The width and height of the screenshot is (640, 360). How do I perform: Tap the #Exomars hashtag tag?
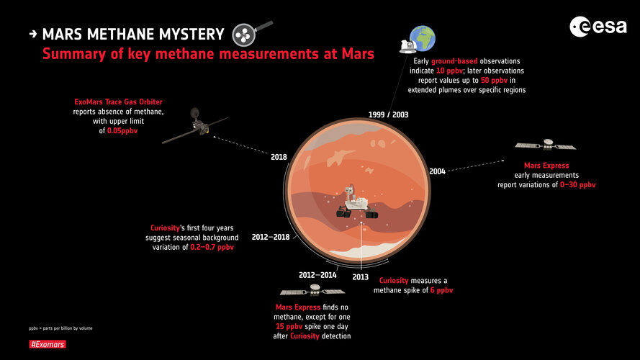[45, 346]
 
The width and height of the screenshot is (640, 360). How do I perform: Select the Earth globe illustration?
[422, 37]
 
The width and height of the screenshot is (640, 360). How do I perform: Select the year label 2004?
[437, 171]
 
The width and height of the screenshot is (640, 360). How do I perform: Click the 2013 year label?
[361, 276]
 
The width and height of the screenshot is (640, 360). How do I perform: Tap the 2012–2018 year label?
[271, 237]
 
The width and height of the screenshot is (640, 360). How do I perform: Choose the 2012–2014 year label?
[318, 275]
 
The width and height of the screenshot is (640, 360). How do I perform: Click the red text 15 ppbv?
[289, 326]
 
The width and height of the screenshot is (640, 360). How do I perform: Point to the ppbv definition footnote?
[60, 328]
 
